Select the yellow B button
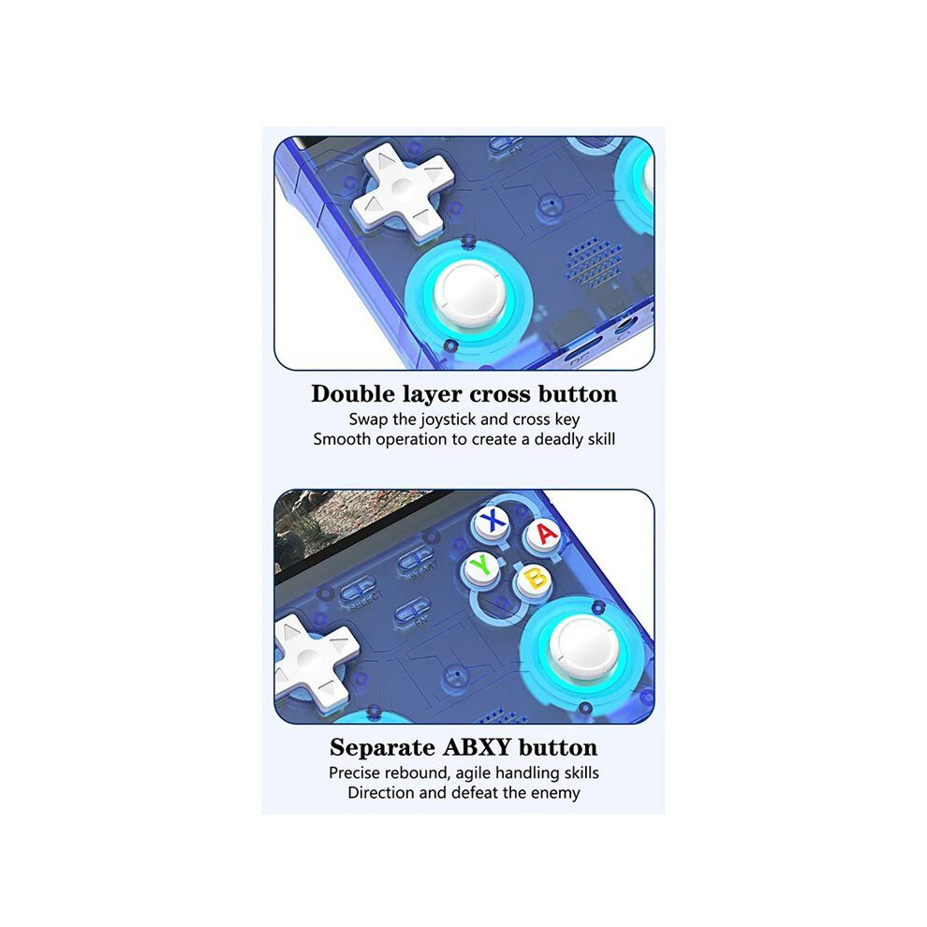(x=534, y=580)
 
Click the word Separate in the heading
(x=383, y=748)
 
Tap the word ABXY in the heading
(x=477, y=747)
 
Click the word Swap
(x=368, y=419)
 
